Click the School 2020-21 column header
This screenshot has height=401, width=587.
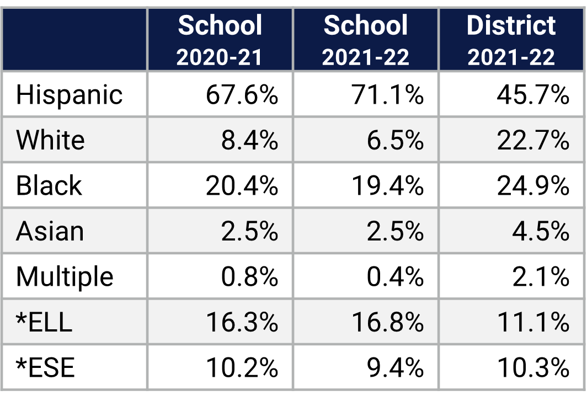220,40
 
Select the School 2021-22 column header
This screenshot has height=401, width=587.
366,40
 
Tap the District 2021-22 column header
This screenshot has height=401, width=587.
511,40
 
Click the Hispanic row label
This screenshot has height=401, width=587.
69,94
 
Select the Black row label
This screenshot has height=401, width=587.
49,185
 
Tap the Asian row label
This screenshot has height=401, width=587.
50,231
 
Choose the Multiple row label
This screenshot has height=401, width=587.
65,276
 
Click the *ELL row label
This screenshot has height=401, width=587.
44,322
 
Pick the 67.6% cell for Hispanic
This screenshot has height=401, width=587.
242,94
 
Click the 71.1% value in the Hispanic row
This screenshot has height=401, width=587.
388,94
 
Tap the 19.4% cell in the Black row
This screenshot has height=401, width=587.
388,185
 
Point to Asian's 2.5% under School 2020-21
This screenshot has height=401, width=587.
249,231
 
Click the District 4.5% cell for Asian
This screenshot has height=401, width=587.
541,231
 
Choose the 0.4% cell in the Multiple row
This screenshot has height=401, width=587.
395,276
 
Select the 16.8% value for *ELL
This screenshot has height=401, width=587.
388,322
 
